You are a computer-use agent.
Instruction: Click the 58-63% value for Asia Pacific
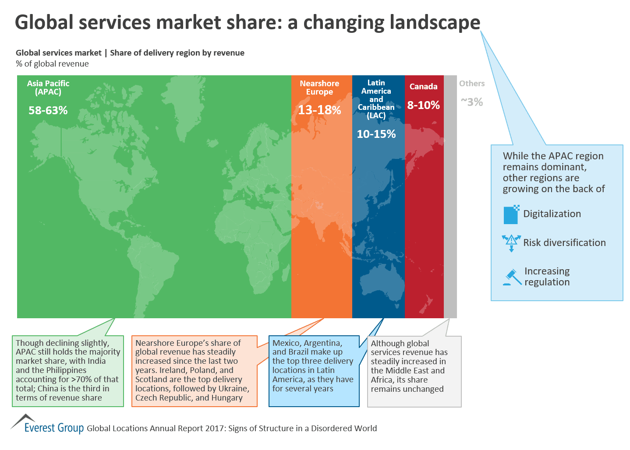click(48, 110)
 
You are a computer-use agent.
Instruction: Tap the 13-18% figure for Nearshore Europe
click(319, 110)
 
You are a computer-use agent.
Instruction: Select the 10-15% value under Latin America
click(376, 134)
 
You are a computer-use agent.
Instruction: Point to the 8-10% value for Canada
click(423, 105)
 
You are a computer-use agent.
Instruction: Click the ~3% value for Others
click(472, 102)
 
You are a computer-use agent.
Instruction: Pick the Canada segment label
click(423, 87)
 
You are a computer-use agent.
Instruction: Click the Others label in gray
click(472, 84)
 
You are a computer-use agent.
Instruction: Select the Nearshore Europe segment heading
click(319, 88)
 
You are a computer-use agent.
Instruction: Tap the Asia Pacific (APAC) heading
click(48, 88)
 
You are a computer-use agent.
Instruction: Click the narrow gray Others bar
click(450, 197)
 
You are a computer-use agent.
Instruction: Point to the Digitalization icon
click(511, 214)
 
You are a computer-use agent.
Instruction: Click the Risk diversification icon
click(511, 243)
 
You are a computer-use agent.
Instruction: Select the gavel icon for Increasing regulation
click(511, 277)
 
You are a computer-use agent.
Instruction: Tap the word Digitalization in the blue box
click(552, 214)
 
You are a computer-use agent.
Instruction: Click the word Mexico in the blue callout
click(287, 343)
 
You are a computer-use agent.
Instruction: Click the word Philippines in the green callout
click(59, 370)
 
